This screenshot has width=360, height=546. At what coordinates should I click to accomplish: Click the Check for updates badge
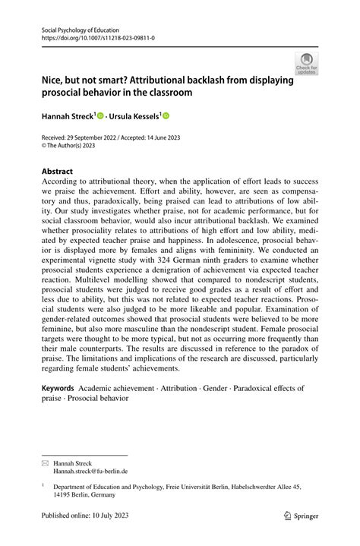pyautogui.click(x=306, y=63)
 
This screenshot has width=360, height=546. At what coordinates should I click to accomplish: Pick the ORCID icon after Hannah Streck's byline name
pyautogui.click(x=100, y=115)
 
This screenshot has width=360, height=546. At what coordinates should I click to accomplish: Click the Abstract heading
pyautogui.click(x=57, y=172)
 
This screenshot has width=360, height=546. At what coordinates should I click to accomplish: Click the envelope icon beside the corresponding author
pyautogui.click(x=46, y=462)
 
